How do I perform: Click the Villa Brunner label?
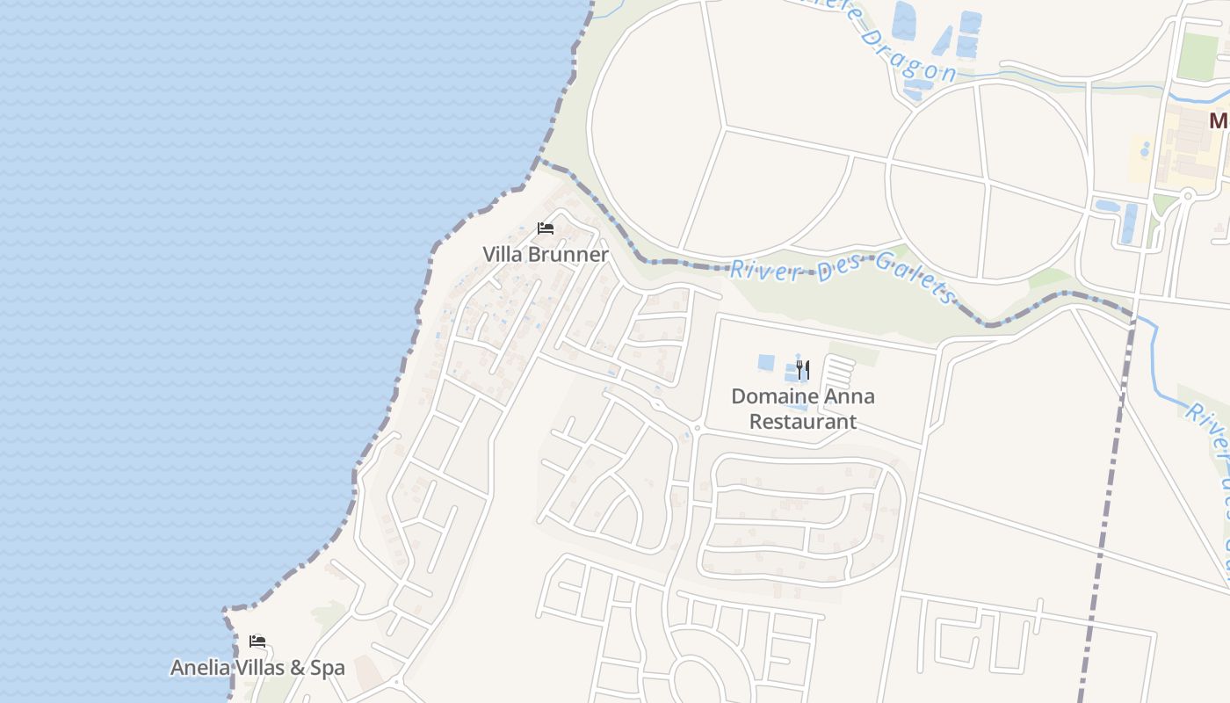coord(545,255)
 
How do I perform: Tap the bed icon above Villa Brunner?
coord(546,228)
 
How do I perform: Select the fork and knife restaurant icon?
coord(802,369)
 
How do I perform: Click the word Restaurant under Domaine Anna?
coord(802,421)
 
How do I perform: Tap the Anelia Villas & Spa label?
coord(257,668)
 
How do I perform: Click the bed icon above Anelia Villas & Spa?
coord(257,641)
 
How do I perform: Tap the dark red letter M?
coord(1218,121)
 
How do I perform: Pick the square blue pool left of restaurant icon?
coord(766,362)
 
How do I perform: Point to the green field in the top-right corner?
coord(1198,56)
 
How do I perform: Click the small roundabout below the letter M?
coord(1187,194)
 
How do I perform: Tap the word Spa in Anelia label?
coord(327,668)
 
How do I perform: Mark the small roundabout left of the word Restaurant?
coord(696,429)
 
